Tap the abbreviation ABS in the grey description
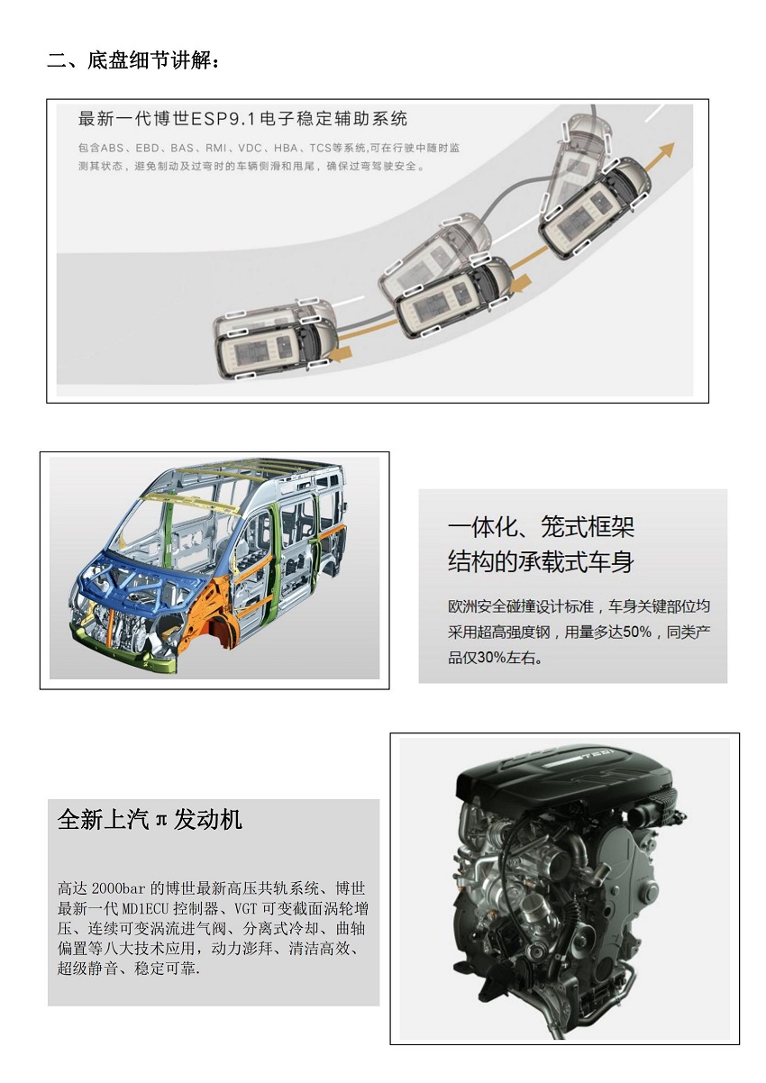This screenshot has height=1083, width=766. (x=112, y=148)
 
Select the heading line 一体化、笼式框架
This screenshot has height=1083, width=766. (x=541, y=526)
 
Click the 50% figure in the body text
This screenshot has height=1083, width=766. (x=637, y=631)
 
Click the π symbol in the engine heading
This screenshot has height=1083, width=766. (x=161, y=820)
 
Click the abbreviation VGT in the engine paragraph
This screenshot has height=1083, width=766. (x=246, y=908)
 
